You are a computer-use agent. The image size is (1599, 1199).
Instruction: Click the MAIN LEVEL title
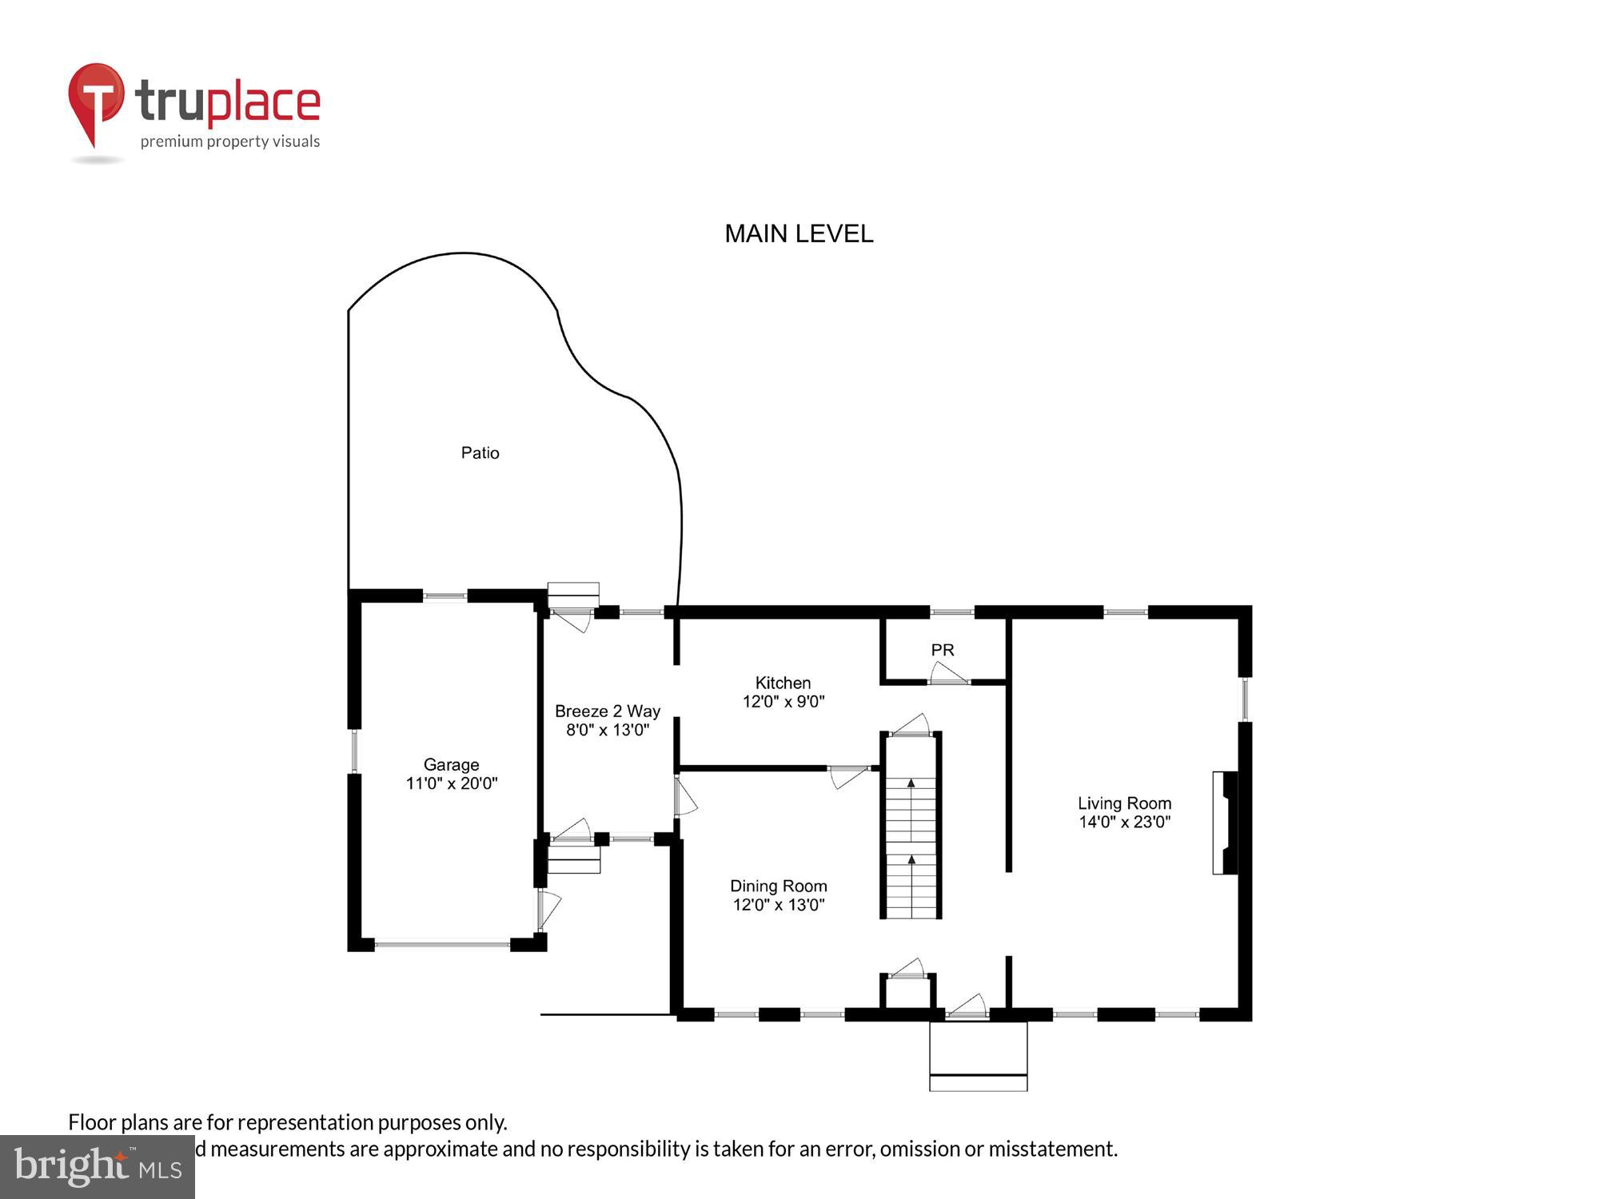(x=798, y=233)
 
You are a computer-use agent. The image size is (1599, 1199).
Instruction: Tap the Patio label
(x=480, y=453)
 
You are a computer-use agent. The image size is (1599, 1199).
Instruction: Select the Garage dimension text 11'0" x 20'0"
(x=452, y=784)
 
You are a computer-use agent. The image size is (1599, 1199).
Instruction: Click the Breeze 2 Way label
(x=608, y=711)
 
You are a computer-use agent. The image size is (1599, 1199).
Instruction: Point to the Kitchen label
(x=783, y=683)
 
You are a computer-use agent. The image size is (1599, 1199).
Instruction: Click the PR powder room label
(x=943, y=650)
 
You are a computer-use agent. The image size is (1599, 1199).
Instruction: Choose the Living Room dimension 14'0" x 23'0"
(x=1124, y=823)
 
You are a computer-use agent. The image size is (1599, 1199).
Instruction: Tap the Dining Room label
(x=778, y=886)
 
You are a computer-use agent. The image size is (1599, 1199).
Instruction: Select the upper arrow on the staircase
(x=911, y=783)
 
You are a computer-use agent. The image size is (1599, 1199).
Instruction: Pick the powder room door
(x=948, y=675)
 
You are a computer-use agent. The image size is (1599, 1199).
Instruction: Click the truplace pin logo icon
(x=97, y=100)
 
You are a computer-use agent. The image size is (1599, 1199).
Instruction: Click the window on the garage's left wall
(x=354, y=751)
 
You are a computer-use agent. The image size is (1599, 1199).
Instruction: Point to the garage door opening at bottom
(x=442, y=945)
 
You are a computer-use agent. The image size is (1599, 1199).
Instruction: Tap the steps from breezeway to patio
(x=573, y=595)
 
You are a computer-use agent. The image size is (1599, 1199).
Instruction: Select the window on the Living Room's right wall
(x=1245, y=699)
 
